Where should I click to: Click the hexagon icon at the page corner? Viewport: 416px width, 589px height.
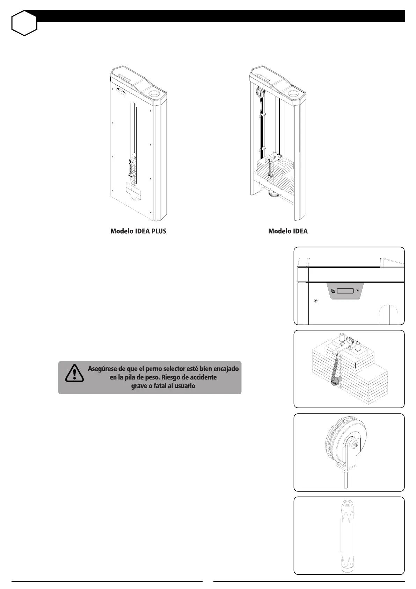point(24,23)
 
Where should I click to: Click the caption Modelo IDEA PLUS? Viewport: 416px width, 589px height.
point(138,231)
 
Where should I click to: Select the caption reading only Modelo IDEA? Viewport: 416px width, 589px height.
point(288,231)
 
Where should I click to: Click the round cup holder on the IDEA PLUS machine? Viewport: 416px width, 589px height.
point(153,93)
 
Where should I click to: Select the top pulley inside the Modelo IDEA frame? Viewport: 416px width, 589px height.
point(260,92)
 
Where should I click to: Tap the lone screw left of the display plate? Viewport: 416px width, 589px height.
point(316,301)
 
